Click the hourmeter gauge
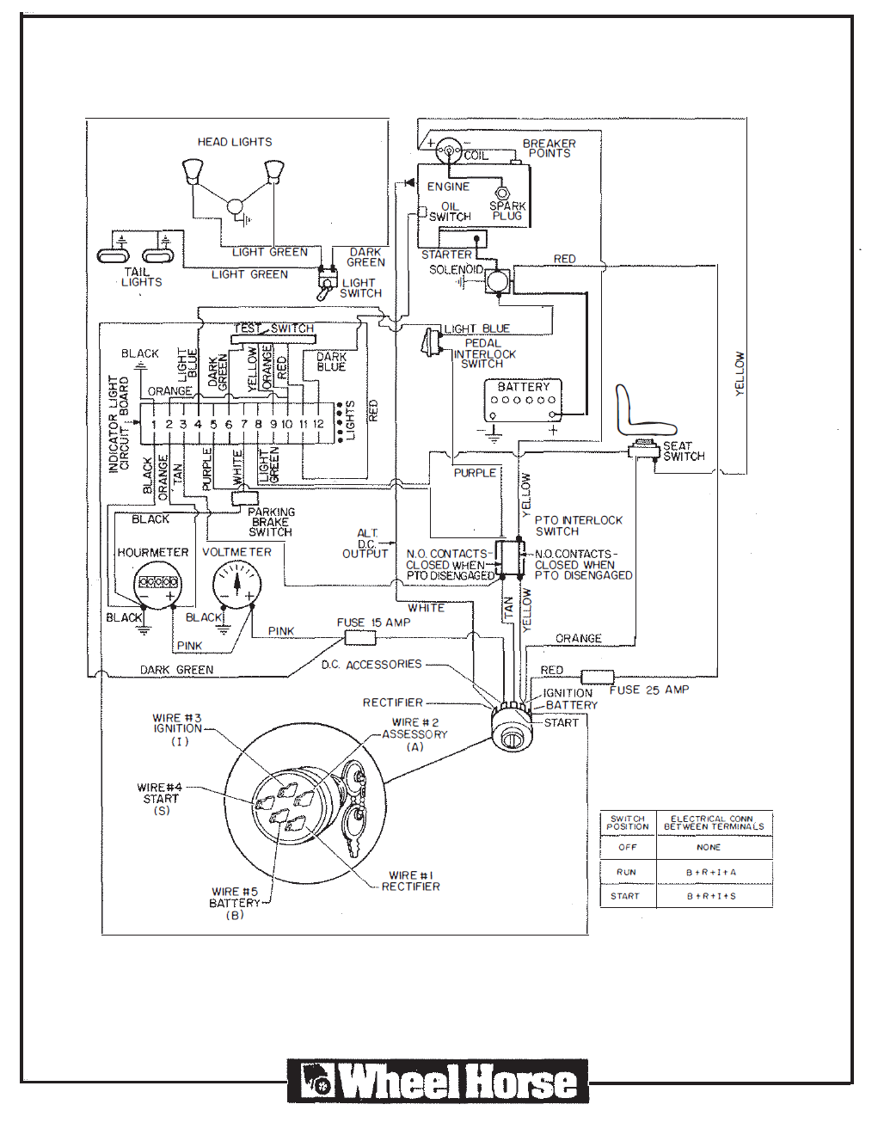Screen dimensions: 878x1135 [157, 583]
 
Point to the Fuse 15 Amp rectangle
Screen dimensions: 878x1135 [359, 638]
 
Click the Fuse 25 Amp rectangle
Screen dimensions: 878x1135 [598, 677]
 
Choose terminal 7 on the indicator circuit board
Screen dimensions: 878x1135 [243, 424]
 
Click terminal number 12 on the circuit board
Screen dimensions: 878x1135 [318, 424]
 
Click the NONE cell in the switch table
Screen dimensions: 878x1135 [709, 847]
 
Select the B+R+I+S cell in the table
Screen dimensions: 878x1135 [711, 896]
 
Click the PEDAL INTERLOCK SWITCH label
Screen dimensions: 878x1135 [484, 353]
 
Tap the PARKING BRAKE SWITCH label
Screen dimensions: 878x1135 [271, 522]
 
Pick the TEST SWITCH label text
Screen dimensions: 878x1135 [273, 328]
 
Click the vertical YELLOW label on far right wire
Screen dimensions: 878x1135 [740, 373]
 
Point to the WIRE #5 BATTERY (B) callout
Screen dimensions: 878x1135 [234, 903]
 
